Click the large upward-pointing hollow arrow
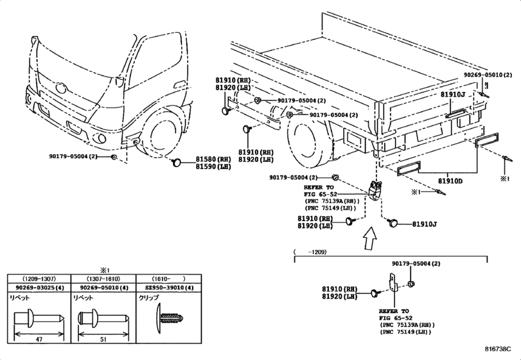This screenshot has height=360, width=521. click(369, 238)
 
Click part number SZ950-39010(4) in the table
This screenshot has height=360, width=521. click(170, 288)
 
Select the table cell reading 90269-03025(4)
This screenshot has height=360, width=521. click(40, 288)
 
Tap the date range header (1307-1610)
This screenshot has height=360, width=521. click(103, 279)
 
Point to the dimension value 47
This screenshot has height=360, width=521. click(39, 339)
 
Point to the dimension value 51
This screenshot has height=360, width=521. click(103, 339)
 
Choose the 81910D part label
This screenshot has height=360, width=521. click(450, 181)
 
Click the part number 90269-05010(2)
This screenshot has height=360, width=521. click(488, 75)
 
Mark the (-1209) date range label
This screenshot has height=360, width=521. click(310, 252)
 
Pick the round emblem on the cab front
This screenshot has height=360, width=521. click(61, 88)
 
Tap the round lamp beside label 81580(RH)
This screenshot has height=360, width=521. click(176, 163)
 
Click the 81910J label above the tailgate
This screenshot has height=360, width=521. click(453, 94)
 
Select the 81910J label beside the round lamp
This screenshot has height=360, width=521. click(425, 224)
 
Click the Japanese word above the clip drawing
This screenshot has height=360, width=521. click(148, 298)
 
